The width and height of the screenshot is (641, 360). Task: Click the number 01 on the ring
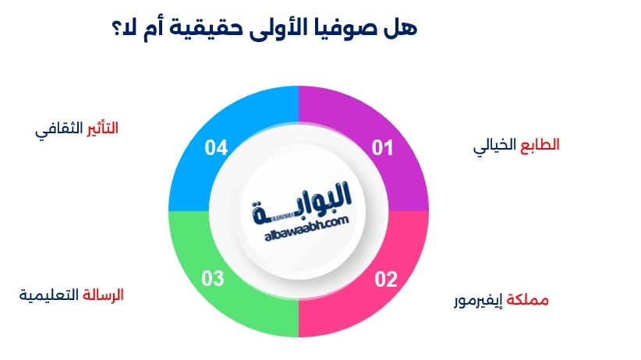382,148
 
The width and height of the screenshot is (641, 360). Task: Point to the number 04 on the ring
216,148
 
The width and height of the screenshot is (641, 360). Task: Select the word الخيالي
497,146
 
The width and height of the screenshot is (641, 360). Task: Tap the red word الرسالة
103,295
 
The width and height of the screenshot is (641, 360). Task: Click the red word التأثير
101,129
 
